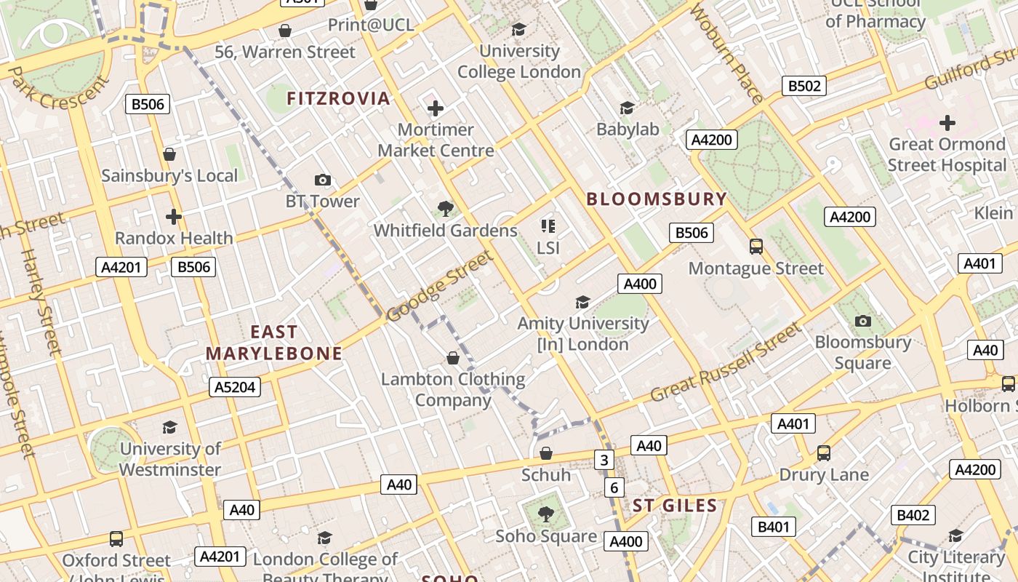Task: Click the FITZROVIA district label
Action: (338, 98)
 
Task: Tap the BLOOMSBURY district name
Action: (657, 199)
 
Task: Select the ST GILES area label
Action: (674, 506)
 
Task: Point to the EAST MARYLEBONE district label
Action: (273, 343)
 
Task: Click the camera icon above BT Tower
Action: (322, 180)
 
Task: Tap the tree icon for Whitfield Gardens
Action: (445, 210)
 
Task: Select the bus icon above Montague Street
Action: (756, 247)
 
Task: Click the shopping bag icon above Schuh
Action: (546, 454)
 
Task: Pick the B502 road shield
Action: (805, 86)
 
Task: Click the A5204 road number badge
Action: (236, 387)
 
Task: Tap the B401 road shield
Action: (773, 527)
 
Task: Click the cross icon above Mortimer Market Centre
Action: (436, 108)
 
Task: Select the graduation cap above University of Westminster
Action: (169, 427)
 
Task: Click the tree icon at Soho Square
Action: (545, 514)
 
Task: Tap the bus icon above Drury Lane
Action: (823, 453)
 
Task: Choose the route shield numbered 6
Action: (614, 487)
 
